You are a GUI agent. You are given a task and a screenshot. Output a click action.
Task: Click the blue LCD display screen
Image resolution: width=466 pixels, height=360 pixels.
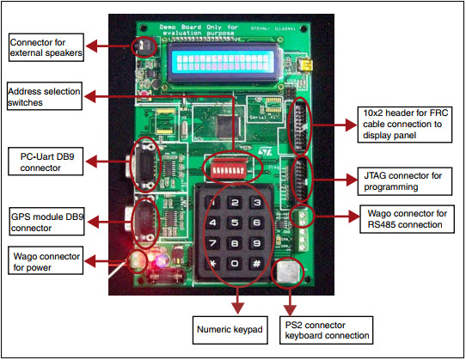229,61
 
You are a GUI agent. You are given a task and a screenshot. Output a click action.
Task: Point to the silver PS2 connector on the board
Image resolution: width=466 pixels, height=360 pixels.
286,272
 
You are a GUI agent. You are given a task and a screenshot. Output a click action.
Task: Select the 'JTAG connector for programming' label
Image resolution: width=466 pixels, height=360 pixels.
403,180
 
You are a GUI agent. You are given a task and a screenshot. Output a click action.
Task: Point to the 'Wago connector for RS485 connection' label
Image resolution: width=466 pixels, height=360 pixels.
404,217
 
